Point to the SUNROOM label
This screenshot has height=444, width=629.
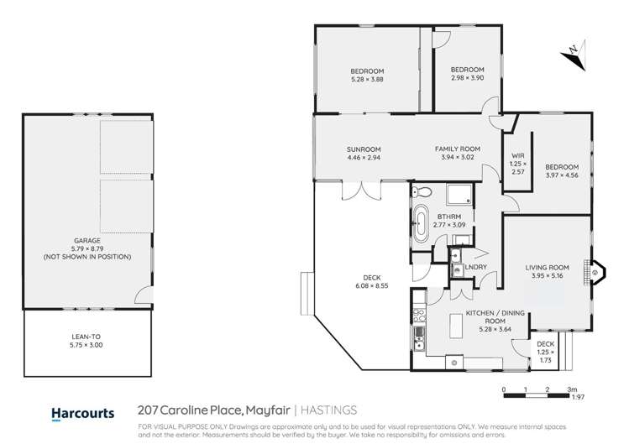coord(363,149)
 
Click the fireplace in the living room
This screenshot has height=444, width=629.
coord(595,272)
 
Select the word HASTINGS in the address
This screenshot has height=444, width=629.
coord(329,411)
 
